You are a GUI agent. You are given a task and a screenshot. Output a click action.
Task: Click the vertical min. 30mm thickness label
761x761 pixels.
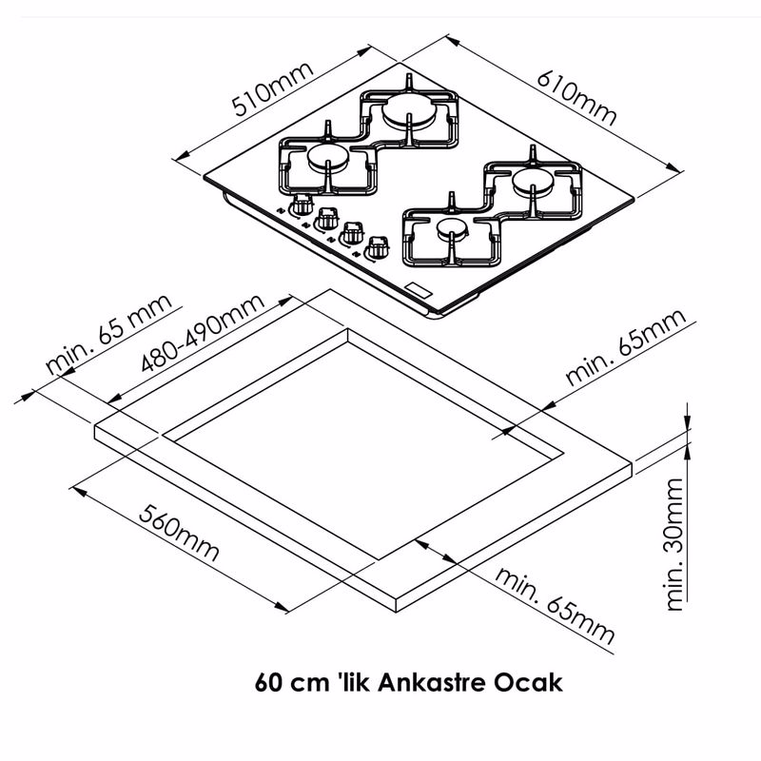coord(674,543)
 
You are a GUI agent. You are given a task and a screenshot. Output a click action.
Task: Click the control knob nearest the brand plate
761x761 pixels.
coord(376,246)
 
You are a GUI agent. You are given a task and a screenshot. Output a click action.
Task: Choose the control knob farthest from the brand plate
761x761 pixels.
coord(302,204)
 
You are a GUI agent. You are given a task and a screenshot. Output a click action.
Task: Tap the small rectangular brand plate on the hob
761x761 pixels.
coord(419,288)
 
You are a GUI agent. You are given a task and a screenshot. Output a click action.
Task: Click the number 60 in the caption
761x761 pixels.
coord(269,682)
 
